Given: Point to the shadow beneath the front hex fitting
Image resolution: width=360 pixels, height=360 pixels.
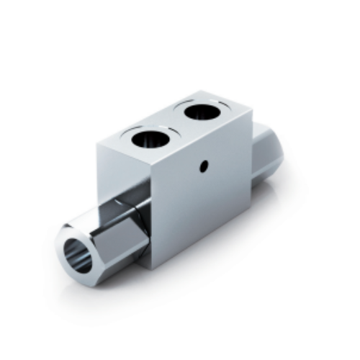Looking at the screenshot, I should [108, 282].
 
